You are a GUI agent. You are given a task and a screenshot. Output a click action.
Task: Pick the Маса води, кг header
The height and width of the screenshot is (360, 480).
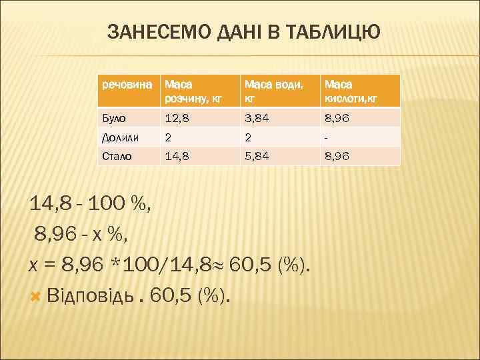(273, 92)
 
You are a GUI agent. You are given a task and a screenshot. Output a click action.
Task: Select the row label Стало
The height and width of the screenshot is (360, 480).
(117, 156)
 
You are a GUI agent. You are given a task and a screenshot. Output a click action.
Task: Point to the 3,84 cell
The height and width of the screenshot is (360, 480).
(257, 119)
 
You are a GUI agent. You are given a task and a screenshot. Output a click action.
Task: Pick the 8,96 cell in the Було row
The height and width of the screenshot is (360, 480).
(337, 119)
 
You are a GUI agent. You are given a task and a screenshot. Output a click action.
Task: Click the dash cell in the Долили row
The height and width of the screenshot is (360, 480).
(326, 138)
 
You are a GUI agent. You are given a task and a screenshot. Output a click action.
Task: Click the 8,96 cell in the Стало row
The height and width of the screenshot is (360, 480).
(337, 156)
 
